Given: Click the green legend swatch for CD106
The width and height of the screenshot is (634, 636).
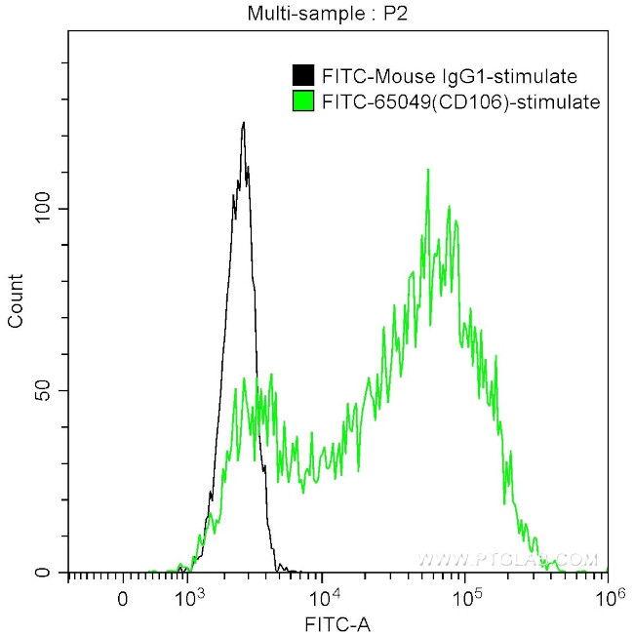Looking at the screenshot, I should (303, 100).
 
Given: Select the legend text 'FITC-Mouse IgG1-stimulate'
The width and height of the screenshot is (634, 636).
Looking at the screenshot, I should (449, 76).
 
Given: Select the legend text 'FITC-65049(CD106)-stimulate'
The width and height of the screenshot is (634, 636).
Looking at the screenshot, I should (459, 100).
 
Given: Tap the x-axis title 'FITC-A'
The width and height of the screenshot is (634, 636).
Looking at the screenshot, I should (337, 623).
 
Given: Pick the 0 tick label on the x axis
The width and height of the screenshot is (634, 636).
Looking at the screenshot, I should (122, 597).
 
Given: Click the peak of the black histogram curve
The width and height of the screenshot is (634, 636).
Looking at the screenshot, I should (243, 123).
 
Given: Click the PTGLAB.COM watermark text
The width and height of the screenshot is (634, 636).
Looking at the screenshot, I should (507, 560).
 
